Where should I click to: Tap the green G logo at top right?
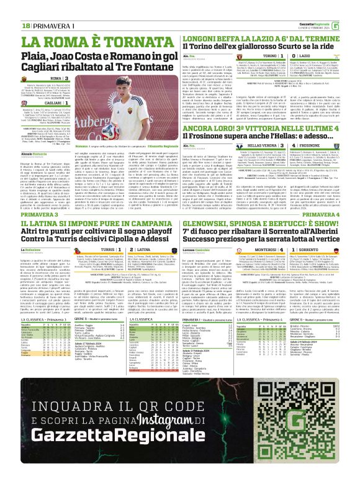tap(353, 8)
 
